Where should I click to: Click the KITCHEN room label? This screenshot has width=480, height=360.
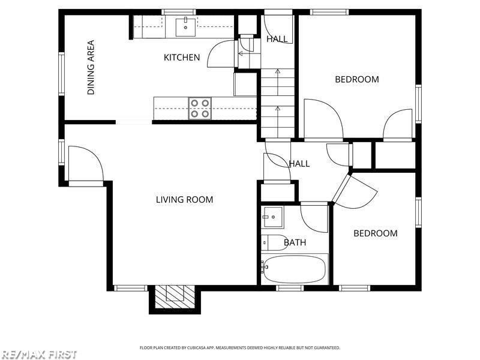182,57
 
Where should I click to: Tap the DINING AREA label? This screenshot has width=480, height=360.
91,67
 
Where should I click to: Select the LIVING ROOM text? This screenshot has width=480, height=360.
184,200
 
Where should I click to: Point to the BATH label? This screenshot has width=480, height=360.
295,242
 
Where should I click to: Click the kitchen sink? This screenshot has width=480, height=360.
185,27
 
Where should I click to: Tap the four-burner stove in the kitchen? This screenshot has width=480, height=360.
200,109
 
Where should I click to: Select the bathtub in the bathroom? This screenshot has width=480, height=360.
294,269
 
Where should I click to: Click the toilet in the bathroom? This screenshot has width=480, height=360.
274,243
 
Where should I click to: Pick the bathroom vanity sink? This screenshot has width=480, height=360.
272,217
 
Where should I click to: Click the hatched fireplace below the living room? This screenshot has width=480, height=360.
175,296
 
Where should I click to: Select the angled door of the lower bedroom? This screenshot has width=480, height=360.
355,190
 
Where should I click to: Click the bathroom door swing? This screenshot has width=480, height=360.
314,217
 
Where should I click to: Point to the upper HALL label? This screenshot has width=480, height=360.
277,39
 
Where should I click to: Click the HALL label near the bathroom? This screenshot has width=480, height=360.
299,164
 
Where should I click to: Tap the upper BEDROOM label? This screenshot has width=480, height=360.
357,79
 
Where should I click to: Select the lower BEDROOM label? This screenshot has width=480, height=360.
376,233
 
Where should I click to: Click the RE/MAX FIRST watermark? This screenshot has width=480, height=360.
38,355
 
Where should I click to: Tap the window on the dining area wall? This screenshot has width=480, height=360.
62,74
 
